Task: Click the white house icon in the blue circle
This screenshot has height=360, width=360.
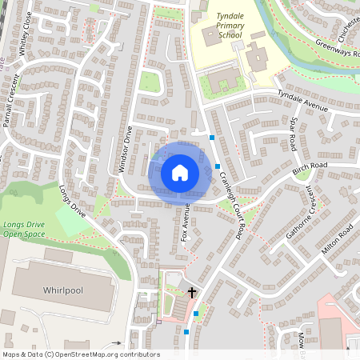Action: point(179,172)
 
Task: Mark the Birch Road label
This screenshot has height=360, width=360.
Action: point(310,168)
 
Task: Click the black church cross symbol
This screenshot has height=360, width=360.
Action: point(191,293)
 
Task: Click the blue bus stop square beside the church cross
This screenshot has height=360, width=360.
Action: point(195,314)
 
